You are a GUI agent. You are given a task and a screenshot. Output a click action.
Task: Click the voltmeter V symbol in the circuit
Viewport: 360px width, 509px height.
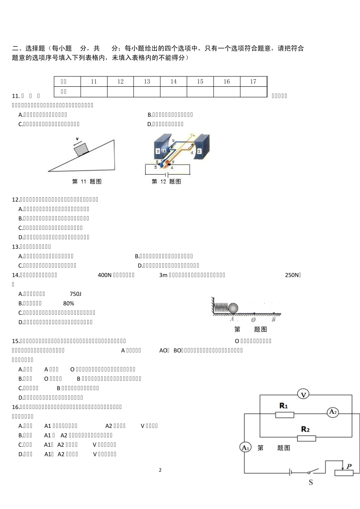click(303, 394)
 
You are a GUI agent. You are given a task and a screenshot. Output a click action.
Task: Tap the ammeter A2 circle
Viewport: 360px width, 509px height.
click(333, 412)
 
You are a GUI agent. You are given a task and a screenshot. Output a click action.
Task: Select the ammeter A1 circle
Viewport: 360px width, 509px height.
click(245, 448)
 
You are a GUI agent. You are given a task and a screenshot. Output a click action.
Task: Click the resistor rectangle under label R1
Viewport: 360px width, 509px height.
click(284, 415)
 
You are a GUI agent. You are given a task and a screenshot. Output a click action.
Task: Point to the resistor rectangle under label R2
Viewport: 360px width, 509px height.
click(306, 438)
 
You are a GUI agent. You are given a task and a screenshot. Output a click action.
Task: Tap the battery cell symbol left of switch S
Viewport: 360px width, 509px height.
click(290, 472)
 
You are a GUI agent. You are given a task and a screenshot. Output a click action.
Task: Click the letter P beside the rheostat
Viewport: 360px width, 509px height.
click(349, 466)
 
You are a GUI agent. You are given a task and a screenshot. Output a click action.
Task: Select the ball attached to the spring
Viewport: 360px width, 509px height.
click(233, 308)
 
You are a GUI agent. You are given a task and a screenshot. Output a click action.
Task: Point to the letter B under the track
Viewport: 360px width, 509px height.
click(274, 320)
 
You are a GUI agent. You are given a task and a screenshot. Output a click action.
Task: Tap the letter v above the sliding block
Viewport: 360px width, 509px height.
click(77, 139)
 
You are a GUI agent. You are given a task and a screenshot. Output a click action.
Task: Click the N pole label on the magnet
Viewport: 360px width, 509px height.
click(158, 151)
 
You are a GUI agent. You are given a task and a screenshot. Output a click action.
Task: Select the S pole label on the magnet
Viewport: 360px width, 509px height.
click(199, 151)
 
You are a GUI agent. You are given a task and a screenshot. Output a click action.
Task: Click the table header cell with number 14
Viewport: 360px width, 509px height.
click(174, 81)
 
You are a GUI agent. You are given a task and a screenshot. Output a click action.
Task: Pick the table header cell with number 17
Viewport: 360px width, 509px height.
click(253, 81)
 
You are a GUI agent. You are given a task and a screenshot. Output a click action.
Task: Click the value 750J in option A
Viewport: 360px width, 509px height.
click(75, 294)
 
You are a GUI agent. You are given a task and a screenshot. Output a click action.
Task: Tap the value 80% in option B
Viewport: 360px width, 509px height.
click(69, 303)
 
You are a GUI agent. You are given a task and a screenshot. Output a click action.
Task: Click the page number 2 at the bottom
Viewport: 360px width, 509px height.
click(160, 470)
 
